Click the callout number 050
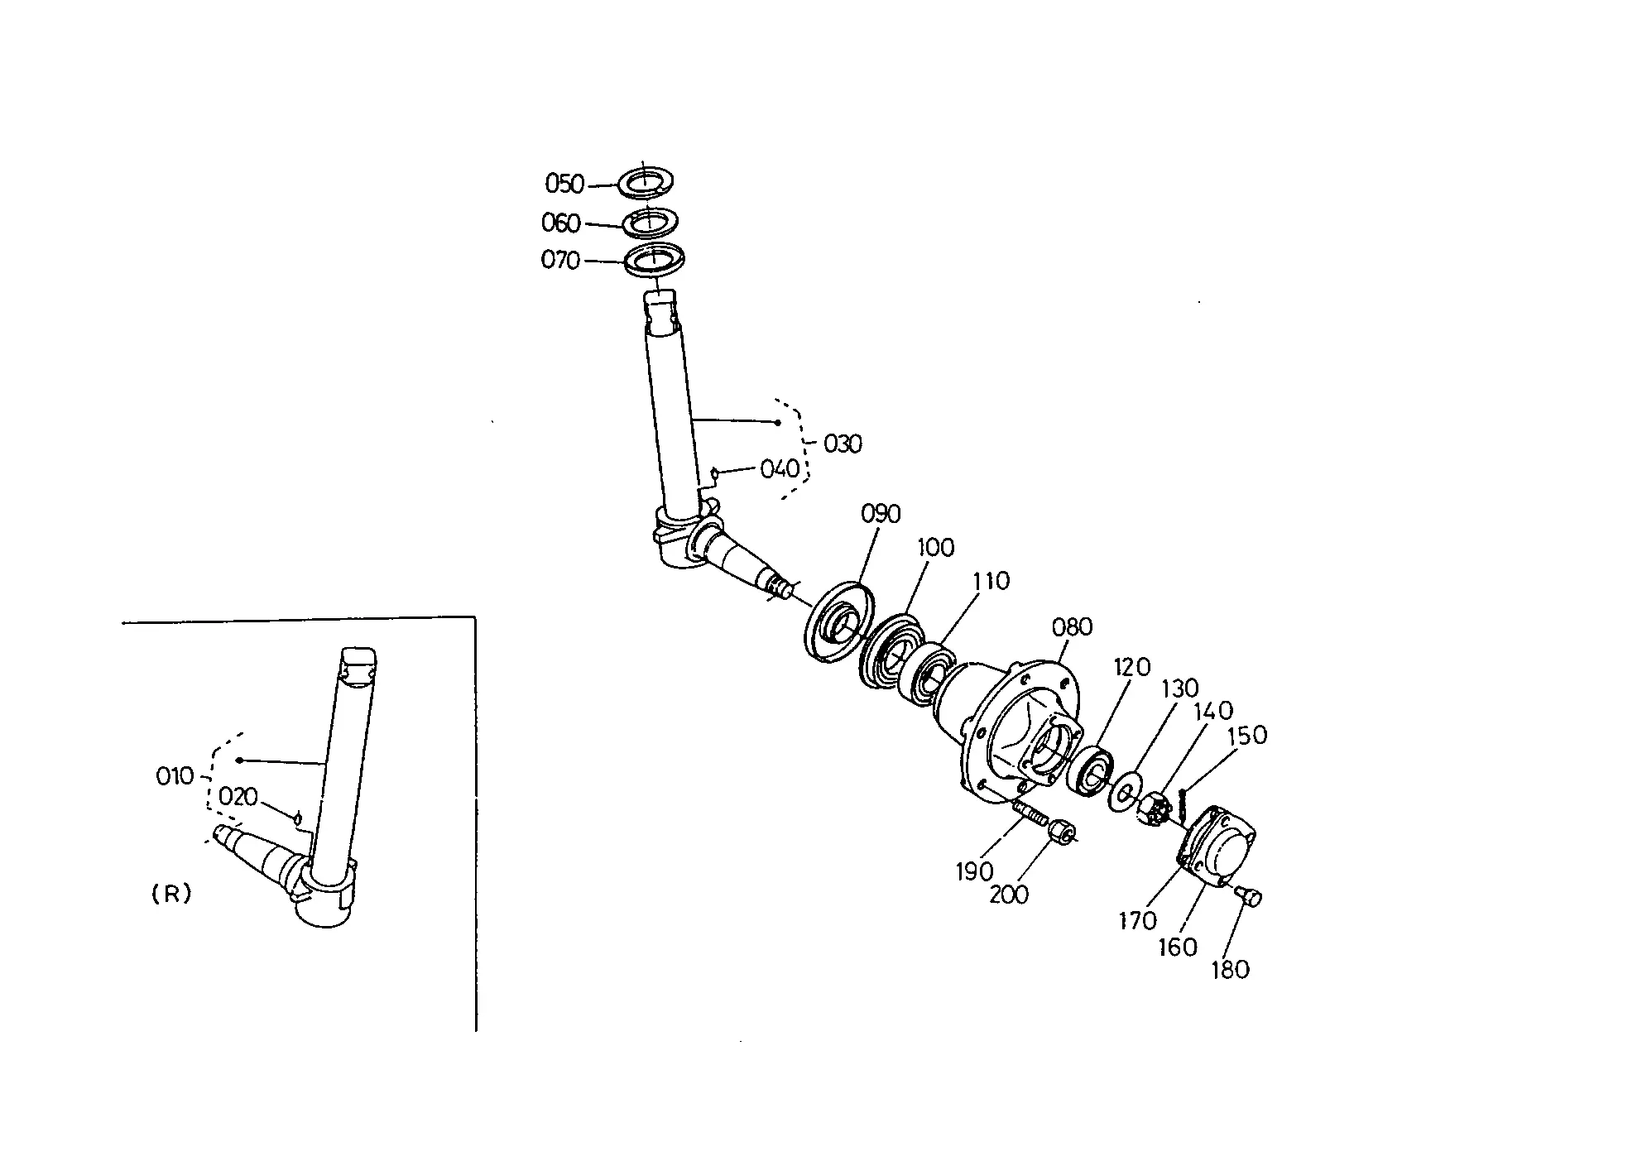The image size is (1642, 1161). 564,184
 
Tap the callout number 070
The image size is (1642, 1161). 560,261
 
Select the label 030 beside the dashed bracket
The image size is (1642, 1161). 843,444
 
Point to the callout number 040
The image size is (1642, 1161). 780,469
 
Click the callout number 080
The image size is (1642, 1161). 1073,627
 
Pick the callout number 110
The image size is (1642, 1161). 991,582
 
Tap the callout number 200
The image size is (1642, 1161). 1010,895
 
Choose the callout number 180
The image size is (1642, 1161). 1230,969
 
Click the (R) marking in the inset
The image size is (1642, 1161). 172,894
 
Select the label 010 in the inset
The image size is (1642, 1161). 175,776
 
